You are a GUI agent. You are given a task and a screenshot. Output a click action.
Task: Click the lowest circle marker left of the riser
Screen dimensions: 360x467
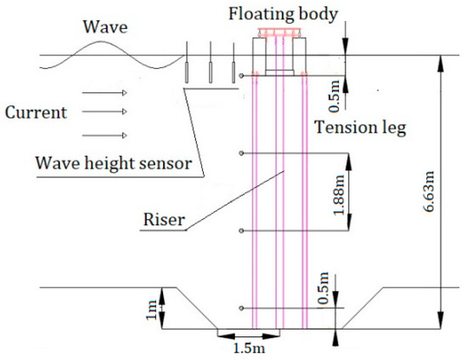point(244,307)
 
